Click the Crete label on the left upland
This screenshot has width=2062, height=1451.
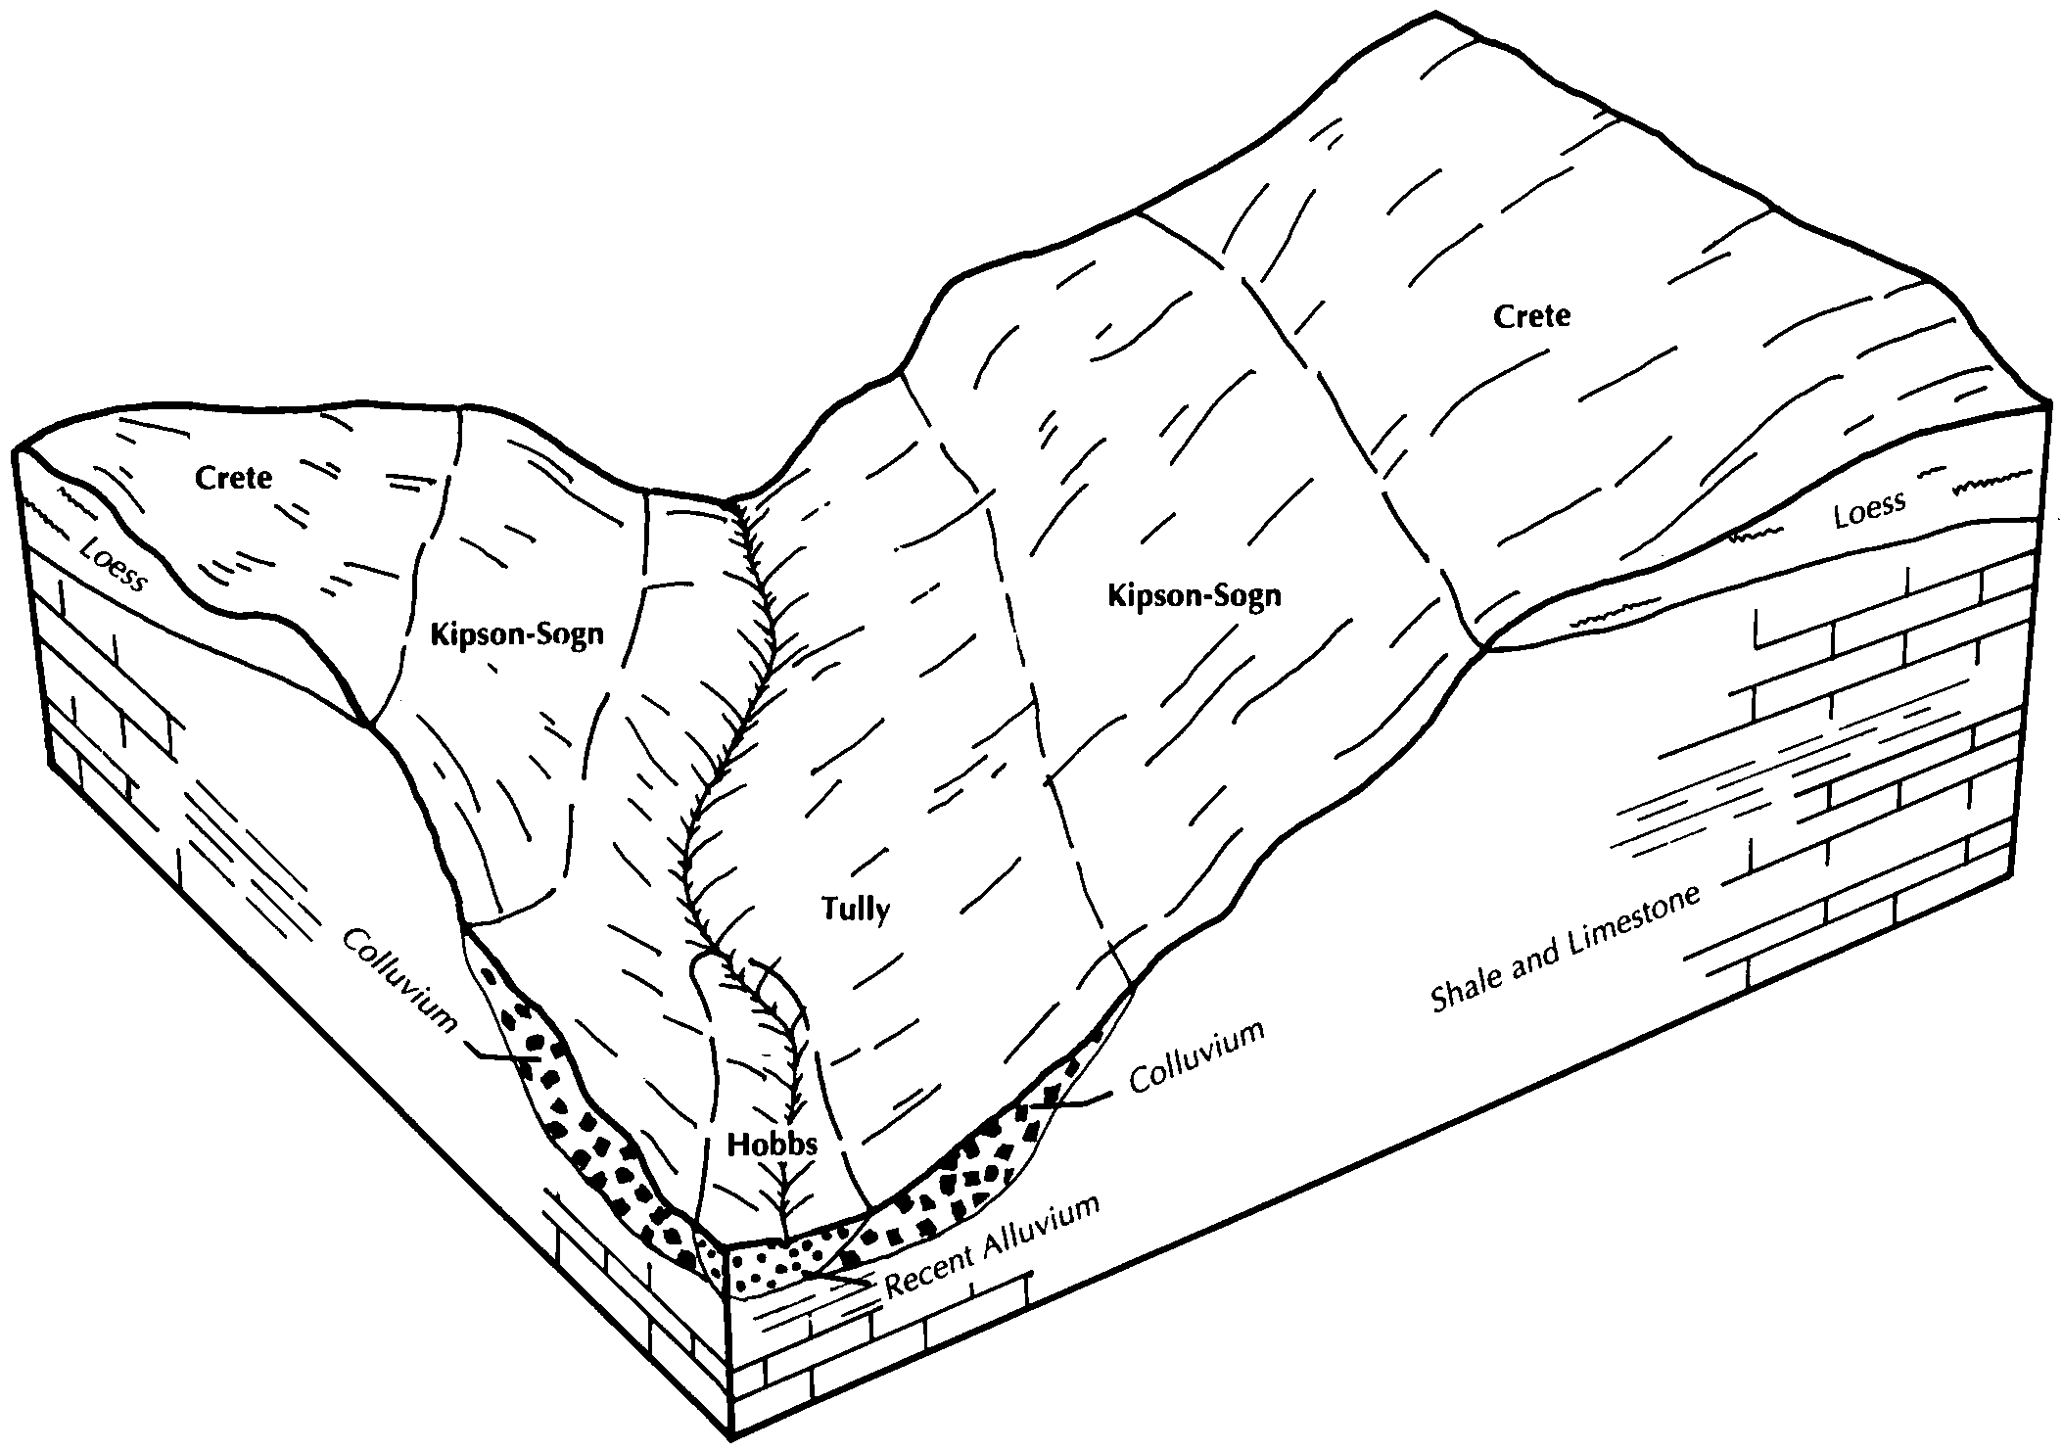233,478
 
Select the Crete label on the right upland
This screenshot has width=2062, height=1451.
1532,316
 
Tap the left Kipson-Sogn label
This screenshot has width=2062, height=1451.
517,633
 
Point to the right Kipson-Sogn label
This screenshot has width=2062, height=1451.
1195,595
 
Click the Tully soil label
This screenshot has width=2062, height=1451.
856,910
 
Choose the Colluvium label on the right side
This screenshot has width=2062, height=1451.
1197,1057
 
